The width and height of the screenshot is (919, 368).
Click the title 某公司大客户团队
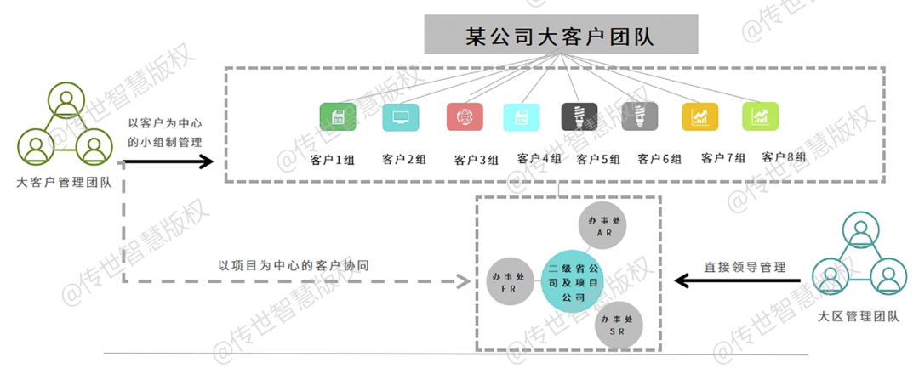[x=562, y=37]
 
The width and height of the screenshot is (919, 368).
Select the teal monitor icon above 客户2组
[x=400, y=117]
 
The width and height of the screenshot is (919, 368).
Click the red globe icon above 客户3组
[x=465, y=117]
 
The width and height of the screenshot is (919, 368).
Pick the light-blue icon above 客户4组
[x=521, y=117]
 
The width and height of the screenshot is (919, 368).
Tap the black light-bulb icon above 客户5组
[x=579, y=117]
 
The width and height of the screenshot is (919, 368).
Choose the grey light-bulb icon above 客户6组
[x=638, y=117]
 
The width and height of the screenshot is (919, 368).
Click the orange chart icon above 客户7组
[x=700, y=117]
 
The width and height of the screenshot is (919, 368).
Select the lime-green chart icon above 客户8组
[x=761, y=116]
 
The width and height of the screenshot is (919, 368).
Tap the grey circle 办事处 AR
[x=601, y=225]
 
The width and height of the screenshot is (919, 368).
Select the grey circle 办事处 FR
[x=509, y=280]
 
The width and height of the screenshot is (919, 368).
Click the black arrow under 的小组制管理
[x=170, y=160]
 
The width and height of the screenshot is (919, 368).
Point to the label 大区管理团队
[x=858, y=317]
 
